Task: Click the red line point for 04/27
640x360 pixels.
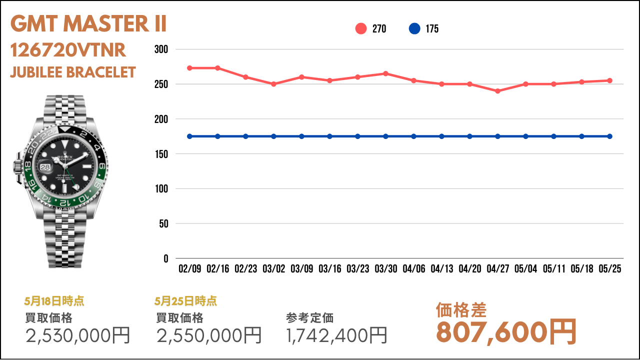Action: [x=497, y=91]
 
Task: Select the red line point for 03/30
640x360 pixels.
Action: [x=385, y=73]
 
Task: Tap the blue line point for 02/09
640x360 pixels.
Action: [x=189, y=136]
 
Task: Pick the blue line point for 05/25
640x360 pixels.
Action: [x=609, y=136]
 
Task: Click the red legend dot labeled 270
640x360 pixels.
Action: [x=361, y=28]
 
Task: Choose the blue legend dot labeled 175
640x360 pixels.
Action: [x=414, y=28]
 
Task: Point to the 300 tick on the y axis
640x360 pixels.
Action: [x=161, y=49]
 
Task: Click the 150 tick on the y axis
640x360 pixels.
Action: [x=161, y=154]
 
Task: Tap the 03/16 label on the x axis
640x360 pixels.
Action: [x=330, y=268]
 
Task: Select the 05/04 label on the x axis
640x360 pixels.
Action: [x=525, y=268]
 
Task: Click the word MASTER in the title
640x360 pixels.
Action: [x=106, y=23]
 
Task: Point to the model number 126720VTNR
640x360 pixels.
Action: [x=68, y=50]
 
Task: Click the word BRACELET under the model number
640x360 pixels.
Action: [x=101, y=72]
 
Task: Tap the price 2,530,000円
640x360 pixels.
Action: [x=77, y=335]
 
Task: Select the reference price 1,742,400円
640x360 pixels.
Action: [x=336, y=335]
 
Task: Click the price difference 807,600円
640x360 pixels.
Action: [x=505, y=332]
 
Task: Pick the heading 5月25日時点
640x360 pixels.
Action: [x=185, y=301]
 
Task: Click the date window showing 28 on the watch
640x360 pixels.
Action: [x=45, y=167]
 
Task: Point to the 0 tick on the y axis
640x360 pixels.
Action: [x=166, y=259]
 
